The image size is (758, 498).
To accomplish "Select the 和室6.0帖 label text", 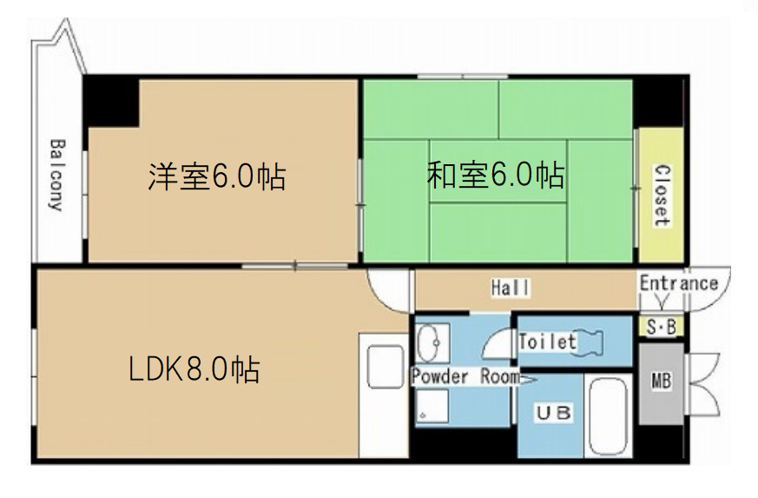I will (495, 176).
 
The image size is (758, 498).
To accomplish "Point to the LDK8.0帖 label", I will (194, 370).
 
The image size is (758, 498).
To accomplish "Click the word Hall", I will (511, 288).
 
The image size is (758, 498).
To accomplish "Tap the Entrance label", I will (679, 283).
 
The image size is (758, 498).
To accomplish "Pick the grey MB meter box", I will (661, 382).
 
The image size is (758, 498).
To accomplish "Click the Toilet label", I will (547, 342).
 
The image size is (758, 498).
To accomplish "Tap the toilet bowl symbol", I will (599, 341).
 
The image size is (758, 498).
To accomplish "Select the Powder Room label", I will (465, 377).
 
